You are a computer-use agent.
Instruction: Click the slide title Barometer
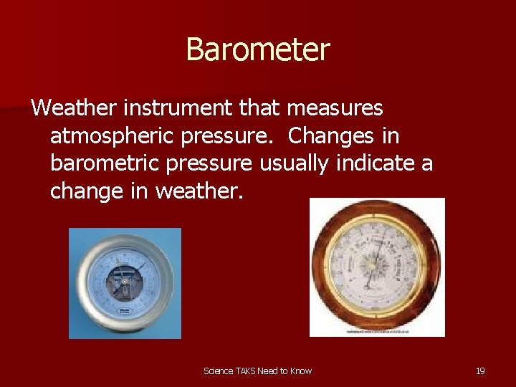(257, 50)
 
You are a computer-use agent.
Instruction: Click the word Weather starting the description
(74, 108)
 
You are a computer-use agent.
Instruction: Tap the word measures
(335, 108)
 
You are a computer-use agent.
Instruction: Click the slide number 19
(480, 371)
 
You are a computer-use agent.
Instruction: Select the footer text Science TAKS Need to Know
(257, 371)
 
